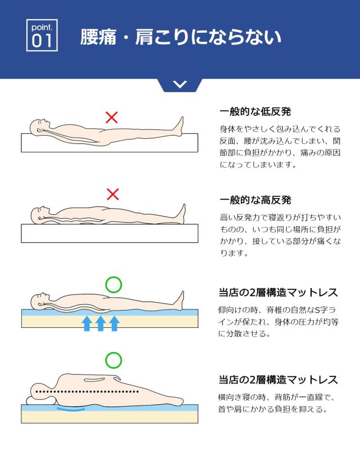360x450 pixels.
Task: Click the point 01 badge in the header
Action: (42, 35)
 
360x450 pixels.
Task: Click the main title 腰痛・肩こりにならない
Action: (181, 37)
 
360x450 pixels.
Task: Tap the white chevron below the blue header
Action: (180, 84)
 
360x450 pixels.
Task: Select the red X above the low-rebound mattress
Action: (112, 118)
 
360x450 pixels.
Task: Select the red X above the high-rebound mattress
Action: (113, 194)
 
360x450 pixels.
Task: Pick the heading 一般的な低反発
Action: (255, 111)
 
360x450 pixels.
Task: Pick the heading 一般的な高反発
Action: (255, 200)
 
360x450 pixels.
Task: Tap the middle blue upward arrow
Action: (101, 323)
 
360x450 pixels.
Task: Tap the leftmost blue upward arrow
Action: (87, 323)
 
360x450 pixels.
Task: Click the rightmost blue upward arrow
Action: (114, 323)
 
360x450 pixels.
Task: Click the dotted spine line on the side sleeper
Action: (87, 391)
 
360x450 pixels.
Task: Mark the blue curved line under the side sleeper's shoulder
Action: (71, 409)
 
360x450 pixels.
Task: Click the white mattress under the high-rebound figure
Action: (110, 233)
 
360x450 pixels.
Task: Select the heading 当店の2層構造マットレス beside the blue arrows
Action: (278, 292)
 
